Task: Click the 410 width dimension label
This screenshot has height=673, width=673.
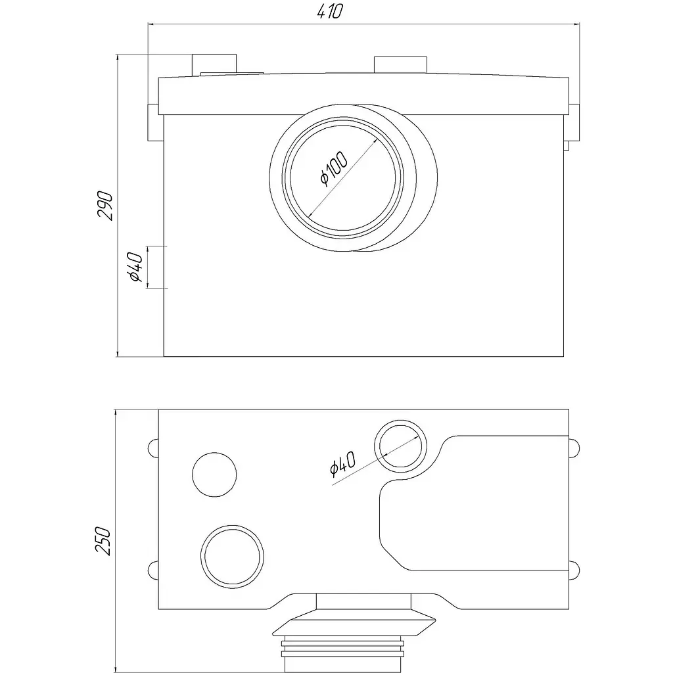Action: [x=330, y=11]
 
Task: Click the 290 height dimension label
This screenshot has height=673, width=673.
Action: [x=105, y=206]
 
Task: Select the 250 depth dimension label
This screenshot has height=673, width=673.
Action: [x=103, y=541]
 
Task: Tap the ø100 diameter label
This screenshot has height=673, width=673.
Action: [x=335, y=169]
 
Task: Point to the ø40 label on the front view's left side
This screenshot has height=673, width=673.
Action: [x=135, y=267]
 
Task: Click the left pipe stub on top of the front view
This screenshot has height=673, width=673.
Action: [x=214, y=65]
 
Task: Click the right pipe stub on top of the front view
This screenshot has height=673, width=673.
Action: [x=400, y=65]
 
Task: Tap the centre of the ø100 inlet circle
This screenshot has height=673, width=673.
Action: [x=342, y=177]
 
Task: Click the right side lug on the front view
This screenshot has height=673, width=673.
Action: [x=574, y=122]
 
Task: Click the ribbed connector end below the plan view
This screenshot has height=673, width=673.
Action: [x=342, y=654]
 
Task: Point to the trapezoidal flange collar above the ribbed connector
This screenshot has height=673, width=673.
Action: [x=354, y=628]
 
